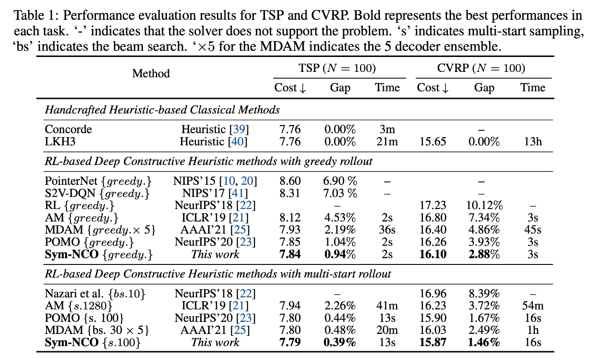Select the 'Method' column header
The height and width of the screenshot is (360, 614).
pos(151,73)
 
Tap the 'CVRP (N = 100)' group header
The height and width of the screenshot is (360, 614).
pos(481,68)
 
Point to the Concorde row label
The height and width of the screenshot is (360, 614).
pos(68,129)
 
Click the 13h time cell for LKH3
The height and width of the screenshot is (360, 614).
pos(532,142)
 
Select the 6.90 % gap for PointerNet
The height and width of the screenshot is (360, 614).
pos(340,181)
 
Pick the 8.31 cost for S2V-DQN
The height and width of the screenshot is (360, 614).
pos(290,194)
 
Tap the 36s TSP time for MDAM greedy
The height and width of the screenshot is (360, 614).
pos(388,230)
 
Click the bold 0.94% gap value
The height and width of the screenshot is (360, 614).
pos(340,254)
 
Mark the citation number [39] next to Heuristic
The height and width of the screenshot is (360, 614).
pos(239,129)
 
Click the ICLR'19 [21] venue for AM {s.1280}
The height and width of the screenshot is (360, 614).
pos(215,305)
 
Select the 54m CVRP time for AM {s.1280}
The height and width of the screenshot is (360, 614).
pos(532,305)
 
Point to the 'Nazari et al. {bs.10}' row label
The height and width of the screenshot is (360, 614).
pos(95,293)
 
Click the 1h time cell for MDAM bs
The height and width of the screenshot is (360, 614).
pos(532,330)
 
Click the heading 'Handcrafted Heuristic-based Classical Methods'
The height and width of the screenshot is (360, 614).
pos(162,110)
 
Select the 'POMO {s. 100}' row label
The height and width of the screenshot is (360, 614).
pos(84,318)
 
